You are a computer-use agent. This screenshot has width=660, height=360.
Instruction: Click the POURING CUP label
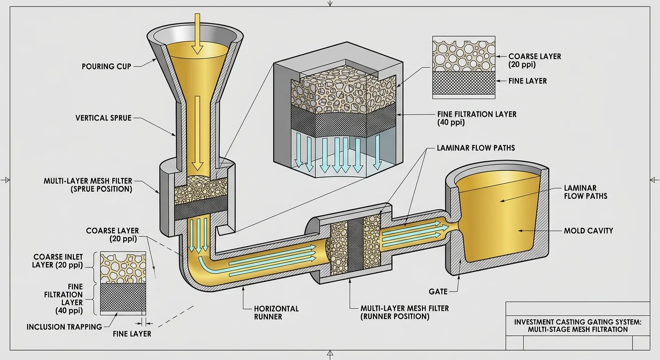(x=106, y=66)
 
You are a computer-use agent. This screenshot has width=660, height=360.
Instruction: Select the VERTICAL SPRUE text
(x=104, y=118)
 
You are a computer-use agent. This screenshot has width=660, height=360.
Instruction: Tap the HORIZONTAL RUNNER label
(x=276, y=312)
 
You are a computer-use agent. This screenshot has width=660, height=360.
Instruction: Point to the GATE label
(x=438, y=292)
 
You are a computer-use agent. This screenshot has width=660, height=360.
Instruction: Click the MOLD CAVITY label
(x=588, y=231)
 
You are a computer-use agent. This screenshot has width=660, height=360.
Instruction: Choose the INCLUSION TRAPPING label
(x=64, y=327)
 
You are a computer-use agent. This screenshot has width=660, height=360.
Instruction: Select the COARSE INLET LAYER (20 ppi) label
(x=58, y=261)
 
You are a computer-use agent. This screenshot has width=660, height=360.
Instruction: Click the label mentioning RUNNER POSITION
(x=405, y=312)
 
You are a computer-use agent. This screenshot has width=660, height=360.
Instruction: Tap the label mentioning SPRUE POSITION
(x=88, y=185)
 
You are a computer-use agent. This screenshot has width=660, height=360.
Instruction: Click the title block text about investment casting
(x=577, y=325)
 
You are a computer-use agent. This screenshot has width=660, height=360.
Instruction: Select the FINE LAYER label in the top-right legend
(x=527, y=81)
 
